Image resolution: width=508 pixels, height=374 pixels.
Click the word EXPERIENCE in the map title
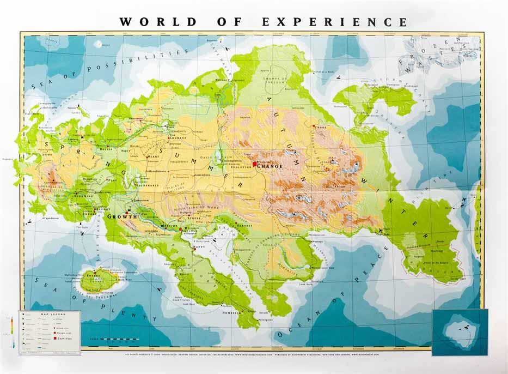coord(334,22)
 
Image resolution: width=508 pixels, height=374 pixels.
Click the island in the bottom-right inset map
coord(456,330)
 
